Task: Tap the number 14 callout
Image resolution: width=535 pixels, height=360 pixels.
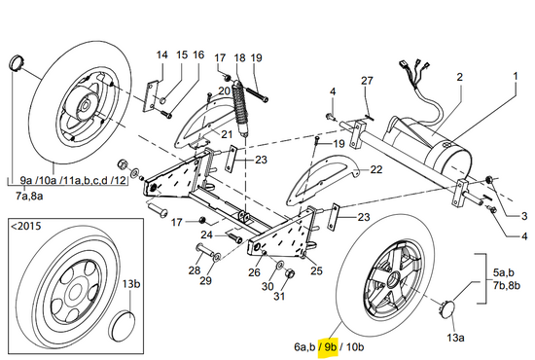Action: click(x=162, y=54)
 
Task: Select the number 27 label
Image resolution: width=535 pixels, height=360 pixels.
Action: click(x=367, y=81)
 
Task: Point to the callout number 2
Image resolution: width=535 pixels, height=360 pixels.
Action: click(x=460, y=77)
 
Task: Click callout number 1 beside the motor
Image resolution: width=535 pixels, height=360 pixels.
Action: click(x=516, y=76)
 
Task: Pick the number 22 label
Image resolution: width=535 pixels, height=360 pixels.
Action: click(x=376, y=169)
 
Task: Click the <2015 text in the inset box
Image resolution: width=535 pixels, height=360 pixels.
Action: click(x=26, y=226)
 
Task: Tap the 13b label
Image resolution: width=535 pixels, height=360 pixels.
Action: click(x=131, y=284)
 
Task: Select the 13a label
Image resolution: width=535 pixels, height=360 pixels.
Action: click(x=455, y=338)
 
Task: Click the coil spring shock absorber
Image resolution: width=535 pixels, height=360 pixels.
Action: click(x=240, y=107)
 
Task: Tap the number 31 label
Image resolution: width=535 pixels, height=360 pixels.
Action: click(x=279, y=296)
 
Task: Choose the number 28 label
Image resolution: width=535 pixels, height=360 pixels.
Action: click(x=195, y=270)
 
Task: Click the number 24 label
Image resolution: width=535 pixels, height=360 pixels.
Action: click(x=206, y=235)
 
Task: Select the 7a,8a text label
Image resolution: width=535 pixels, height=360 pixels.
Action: click(x=29, y=197)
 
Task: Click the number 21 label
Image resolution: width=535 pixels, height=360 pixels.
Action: click(x=227, y=134)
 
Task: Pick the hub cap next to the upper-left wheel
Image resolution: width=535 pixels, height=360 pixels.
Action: click(x=15, y=62)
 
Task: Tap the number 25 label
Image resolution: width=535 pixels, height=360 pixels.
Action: click(x=316, y=270)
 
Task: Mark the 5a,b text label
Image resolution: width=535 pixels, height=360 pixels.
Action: click(x=504, y=272)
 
